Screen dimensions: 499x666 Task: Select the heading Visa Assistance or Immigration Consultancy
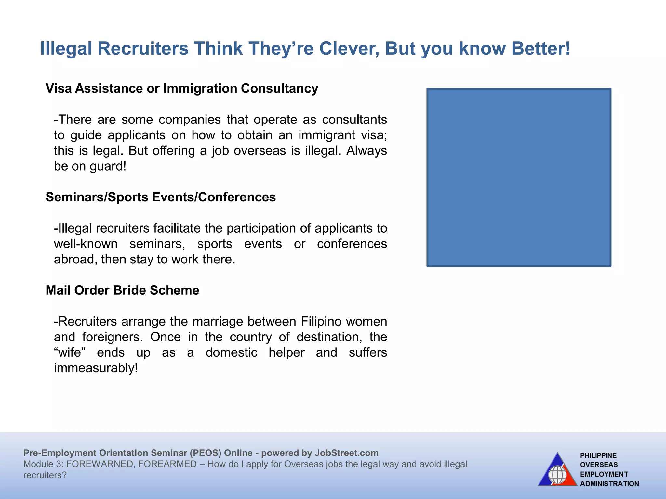182,88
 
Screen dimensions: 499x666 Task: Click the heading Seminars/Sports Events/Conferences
161,197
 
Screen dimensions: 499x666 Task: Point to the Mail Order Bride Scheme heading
122,290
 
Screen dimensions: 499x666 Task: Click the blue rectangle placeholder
519,177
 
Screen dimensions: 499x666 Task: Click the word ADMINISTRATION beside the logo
609,484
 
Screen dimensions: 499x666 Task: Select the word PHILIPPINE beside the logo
598,455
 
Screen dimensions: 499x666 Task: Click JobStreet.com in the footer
346,453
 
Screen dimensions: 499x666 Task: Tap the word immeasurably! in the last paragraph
96,368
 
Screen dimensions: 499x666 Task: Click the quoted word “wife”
72,352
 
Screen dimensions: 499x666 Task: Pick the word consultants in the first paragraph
354,120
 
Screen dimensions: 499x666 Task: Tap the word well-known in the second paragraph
86,244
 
